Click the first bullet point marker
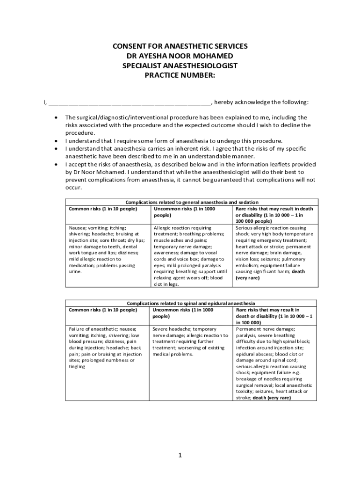click(57, 117)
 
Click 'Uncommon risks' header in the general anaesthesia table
click(173, 209)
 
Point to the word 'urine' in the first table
click(75, 271)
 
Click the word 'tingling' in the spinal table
click(77, 367)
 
